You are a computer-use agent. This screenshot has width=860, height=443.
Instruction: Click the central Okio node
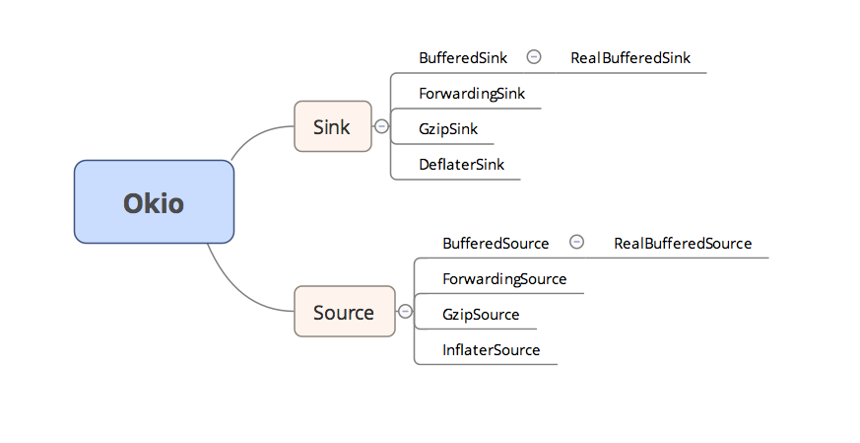[x=154, y=202]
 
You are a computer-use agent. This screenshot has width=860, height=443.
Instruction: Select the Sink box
[x=332, y=126]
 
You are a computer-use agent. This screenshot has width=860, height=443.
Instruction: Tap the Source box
[x=344, y=312]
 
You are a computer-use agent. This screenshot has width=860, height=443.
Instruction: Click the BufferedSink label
[x=463, y=58]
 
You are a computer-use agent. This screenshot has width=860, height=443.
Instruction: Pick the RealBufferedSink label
[x=630, y=58]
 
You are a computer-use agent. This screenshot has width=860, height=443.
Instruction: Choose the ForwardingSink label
[x=472, y=94]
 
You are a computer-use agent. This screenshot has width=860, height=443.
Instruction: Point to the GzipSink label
[x=448, y=129]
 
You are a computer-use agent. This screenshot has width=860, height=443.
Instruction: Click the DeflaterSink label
[x=461, y=165]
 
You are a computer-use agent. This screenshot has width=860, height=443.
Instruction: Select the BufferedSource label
[x=496, y=244]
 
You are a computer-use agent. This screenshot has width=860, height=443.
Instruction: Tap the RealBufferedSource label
[x=683, y=244]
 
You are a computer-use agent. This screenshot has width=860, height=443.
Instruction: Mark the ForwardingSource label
[x=504, y=279]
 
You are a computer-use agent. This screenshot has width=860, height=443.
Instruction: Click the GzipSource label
[x=481, y=315]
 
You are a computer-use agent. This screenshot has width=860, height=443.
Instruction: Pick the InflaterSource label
[x=491, y=350]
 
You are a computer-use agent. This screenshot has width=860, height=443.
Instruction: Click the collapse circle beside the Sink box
[x=381, y=126]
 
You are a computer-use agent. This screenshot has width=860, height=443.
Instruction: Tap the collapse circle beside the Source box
[x=404, y=312]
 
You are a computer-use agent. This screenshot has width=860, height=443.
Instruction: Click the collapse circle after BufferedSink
[x=534, y=57]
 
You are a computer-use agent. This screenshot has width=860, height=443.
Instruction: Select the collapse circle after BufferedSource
[x=577, y=243]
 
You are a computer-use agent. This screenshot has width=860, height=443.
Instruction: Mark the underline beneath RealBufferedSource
[x=690, y=258]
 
